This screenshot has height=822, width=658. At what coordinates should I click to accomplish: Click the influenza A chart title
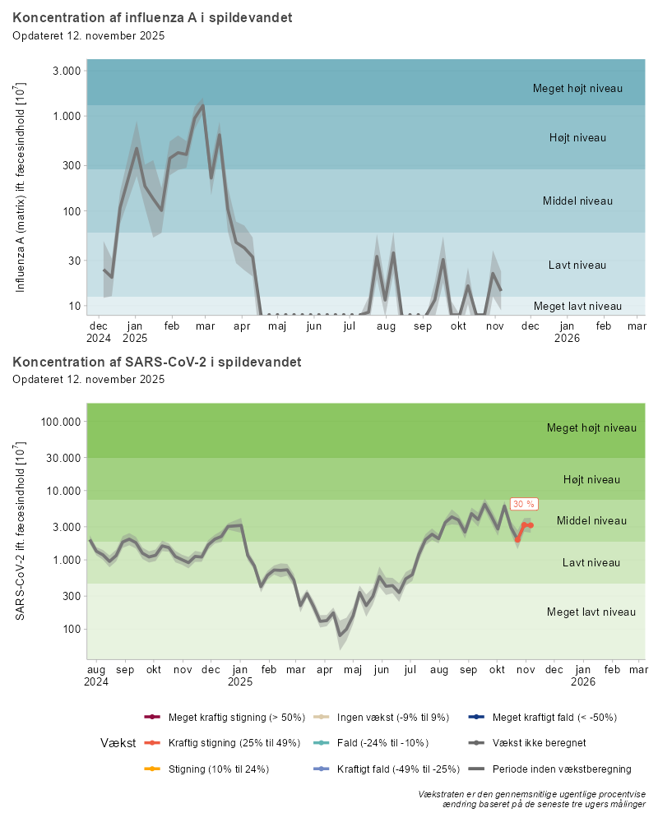[152, 17]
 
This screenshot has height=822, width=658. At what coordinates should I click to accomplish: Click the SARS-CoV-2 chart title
[156, 362]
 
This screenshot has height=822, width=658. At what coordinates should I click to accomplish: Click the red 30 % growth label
[523, 504]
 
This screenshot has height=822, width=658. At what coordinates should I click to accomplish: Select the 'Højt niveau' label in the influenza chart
[577, 137]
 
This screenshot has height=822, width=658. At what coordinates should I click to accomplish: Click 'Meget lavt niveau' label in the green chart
[591, 612]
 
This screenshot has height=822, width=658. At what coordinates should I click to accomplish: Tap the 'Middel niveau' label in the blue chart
[577, 201]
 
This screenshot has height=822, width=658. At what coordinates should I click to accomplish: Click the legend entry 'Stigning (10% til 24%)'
[218, 769]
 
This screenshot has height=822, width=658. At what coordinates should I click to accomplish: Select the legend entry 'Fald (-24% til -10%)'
[387, 743]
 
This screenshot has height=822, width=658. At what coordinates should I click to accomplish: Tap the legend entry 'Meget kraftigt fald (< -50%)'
[554, 717]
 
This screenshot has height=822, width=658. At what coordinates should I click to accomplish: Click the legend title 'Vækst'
[118, 743]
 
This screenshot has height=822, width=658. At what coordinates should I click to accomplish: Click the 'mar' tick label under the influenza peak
[206, 326]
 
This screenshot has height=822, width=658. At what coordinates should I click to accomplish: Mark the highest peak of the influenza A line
[203, 106]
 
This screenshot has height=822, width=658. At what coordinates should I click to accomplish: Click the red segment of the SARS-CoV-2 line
[525, 527]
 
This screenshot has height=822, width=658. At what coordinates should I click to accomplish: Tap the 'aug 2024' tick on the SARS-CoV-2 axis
[97, 676]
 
